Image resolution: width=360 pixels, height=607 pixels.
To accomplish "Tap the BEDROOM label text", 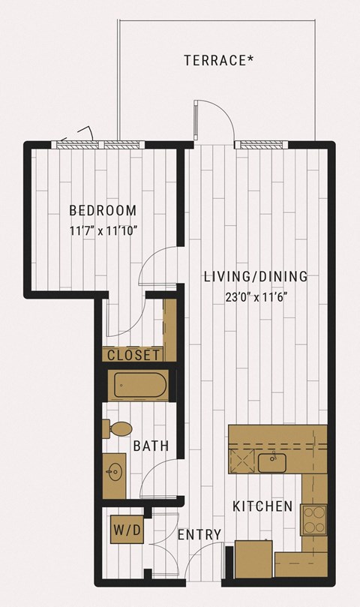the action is pos(103,211).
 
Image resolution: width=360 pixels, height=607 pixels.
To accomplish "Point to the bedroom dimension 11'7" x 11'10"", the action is pos(103,231).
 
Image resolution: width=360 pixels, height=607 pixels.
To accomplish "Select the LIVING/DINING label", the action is pos(256,277).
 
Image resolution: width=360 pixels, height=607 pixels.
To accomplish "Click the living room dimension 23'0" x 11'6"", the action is pos(256,298).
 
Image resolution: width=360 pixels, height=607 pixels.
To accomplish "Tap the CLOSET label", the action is pos(133,355).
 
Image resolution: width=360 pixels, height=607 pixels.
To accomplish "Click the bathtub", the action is pos(140,385).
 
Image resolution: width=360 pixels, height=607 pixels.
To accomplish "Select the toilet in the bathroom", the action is pos(118,428).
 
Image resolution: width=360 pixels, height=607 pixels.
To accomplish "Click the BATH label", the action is pos(151,446).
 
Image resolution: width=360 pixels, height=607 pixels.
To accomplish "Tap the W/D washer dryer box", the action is pos(127,530).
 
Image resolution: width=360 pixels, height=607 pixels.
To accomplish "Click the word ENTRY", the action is pos(199,535).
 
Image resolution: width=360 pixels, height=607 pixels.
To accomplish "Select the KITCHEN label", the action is pos(262,506).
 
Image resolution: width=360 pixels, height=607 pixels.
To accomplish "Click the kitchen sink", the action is pos(272,463).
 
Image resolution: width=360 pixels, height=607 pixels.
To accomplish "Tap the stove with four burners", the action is pos(314,520).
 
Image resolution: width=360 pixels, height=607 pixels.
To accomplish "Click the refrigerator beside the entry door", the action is pos(253,560).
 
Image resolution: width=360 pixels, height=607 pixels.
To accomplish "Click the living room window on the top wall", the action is pos(261,145).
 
